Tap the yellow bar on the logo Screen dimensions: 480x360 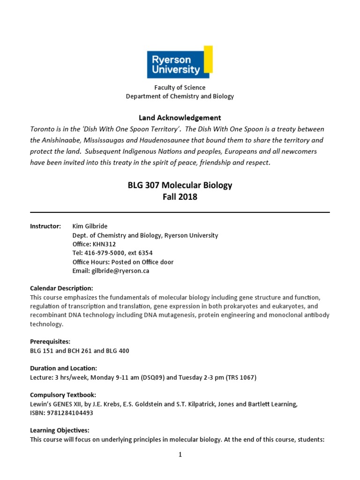click(208, 59)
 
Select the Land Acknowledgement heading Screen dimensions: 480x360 click(180, 118)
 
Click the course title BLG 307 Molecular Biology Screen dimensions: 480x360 click(180, 185)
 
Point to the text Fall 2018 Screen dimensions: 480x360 click(180, 197)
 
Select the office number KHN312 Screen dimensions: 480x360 click(105, 244)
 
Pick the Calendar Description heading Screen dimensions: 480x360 click(61, 288)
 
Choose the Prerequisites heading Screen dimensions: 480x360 click(50, 341)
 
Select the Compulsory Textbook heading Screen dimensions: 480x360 click(63, 395)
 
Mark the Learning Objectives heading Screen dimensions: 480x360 click(60, 430)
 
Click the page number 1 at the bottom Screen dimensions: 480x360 click(180, 454)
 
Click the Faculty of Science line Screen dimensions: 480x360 click(180, 88)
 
